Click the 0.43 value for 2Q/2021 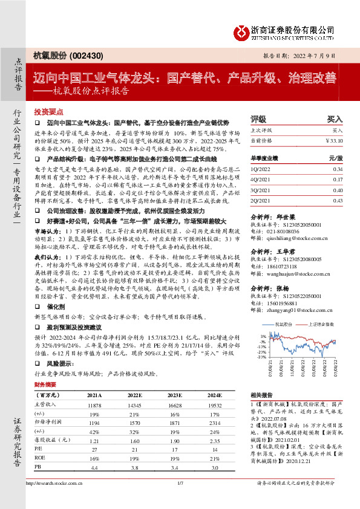tap(338, 200)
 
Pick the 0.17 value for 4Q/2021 tap(338, 180)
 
